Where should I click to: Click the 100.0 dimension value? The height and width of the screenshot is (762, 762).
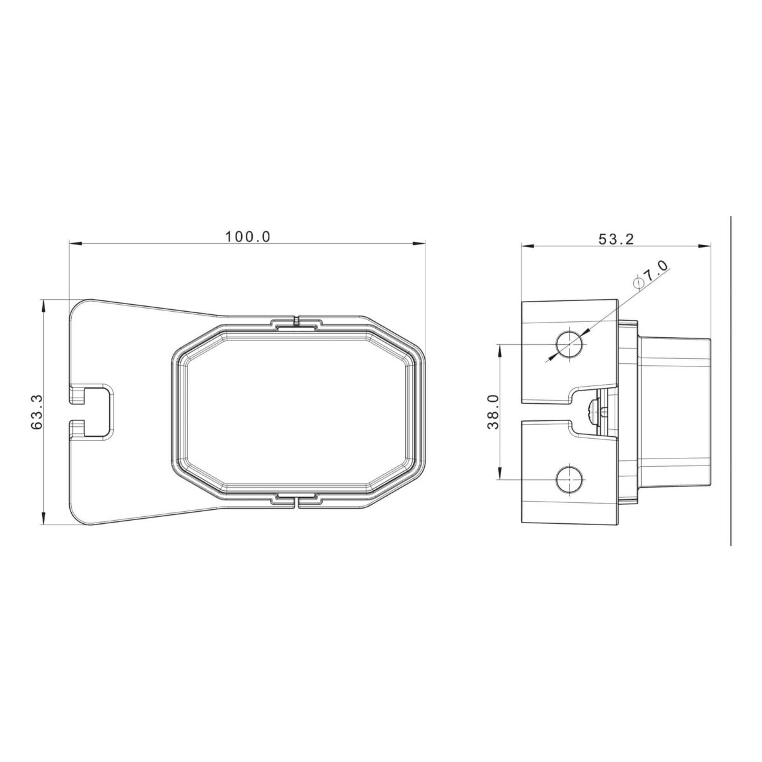click(x=248, y=236)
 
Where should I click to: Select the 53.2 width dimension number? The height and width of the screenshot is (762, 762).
click(x=616, y=239)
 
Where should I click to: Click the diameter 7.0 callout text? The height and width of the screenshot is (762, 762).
click(x=651, y=273)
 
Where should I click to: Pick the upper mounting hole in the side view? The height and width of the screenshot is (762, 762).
click(x=570, y=344)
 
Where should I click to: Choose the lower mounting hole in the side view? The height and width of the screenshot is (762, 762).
click(x=570, y=479)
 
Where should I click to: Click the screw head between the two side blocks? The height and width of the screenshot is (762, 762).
click(x=592, y=411)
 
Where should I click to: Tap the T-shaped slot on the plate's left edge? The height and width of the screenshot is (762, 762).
click(x=91, y=411)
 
